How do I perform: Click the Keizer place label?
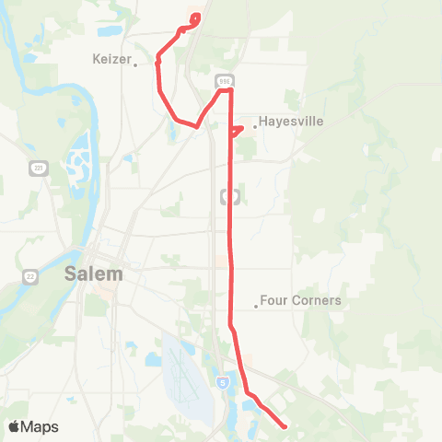(113, 58)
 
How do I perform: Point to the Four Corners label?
(300, 300)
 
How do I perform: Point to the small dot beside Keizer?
(135, 64)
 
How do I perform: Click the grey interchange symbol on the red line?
(230, 196)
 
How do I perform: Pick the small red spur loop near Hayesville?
(236, 130)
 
